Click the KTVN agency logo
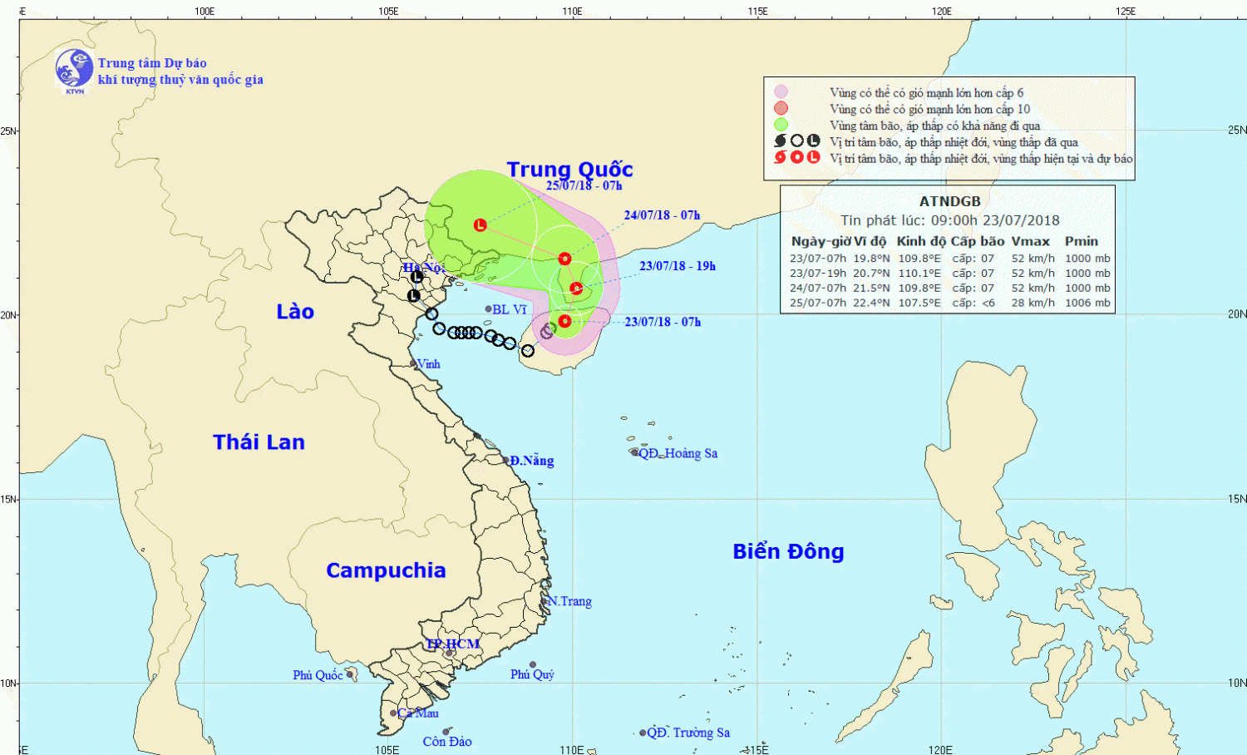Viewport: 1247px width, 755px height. click(x=74, y=70)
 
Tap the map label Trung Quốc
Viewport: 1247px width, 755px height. click(x=569, y=170)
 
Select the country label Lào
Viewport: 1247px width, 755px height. click(x=295, y=312)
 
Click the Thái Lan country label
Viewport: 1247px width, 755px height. click(x=259, y=442)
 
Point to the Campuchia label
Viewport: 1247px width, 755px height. click(x=386, y=570)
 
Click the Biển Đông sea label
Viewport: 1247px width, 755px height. click(x=788, y=551)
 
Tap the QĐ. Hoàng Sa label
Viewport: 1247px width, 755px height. click(x=678, y=453)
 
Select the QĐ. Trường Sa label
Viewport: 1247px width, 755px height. click(x=688, y=733)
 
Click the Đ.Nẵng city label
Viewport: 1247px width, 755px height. click(x=531, y=461)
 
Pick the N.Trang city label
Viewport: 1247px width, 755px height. click(x=569, y=601)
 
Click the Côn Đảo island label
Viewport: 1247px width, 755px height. click(x=447, y=742)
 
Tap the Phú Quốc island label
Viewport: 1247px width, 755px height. click(x=318, y=675)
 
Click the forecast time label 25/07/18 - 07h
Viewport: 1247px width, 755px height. click(x=584, y=185)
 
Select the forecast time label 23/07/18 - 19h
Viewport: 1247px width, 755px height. click(x=678, y=266)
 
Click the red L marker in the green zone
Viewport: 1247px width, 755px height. click(x=480, y=225)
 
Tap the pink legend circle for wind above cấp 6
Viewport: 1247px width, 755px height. click(x=781, y=92)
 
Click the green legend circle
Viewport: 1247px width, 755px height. click(x=781, y=125)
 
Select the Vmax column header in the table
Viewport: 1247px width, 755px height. click(x=1030, y=241)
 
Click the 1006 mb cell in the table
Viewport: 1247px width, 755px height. click(x=1087, y=303)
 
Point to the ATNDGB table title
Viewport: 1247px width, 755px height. click(x=949, y=201)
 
